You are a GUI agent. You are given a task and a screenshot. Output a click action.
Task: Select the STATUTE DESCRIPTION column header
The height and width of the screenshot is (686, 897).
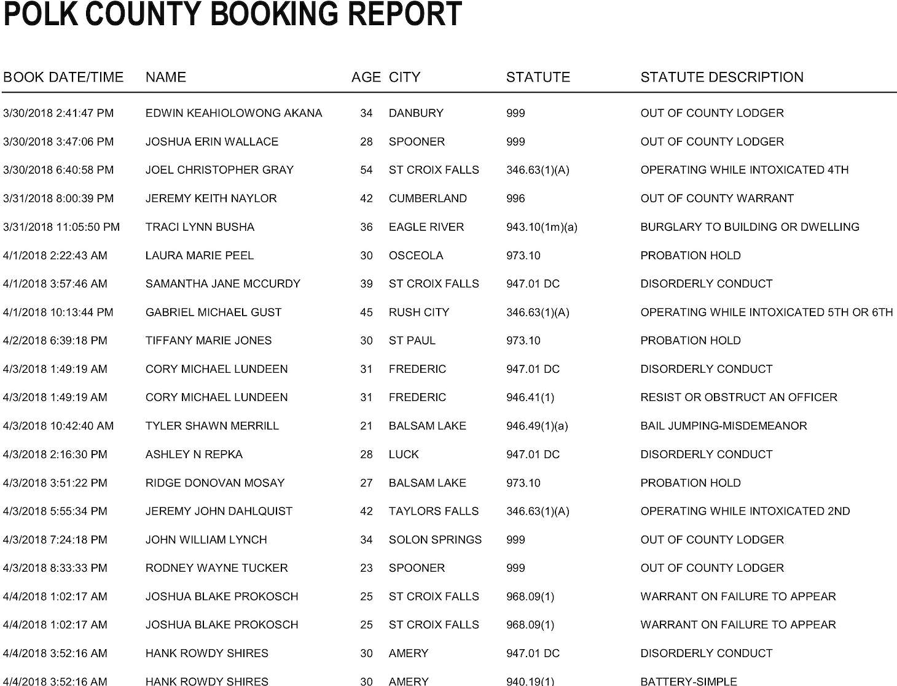tap(722, 77)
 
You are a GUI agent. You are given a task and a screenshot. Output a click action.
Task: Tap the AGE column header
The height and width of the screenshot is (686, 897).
tap(366, 77)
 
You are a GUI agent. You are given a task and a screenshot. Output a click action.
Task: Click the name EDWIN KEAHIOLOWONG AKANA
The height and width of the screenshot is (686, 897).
tap(233, 113)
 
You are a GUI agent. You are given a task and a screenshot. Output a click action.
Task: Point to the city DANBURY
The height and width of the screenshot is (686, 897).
tap(416, 113)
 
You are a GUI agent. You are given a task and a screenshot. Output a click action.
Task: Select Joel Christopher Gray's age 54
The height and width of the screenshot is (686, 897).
tap(366, 170)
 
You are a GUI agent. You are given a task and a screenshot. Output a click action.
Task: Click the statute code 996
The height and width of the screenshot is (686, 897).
tap(515, 198)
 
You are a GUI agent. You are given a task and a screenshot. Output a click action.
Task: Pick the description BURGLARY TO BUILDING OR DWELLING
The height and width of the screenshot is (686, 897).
tap(750, 227)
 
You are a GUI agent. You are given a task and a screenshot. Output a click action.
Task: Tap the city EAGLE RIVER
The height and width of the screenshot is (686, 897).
tap(426, 227)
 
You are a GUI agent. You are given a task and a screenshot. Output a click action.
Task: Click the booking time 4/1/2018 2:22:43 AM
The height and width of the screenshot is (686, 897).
tap(55, 255)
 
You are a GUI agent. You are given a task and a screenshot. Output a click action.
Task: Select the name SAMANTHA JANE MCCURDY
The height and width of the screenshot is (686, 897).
tap(223, 284)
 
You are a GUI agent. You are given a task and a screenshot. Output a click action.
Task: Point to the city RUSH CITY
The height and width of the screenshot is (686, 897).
tap(419, 312)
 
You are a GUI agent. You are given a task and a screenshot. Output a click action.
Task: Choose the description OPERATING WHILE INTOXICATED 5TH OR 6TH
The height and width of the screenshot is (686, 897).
tap(766, 312)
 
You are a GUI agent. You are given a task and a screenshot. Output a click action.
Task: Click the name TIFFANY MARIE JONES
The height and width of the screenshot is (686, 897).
tap(208, 341)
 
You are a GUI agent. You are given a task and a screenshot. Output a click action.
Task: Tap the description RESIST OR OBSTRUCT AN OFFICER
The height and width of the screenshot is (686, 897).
tap(738, 397)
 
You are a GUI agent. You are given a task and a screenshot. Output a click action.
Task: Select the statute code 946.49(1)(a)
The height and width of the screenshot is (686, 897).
tap(537, 426)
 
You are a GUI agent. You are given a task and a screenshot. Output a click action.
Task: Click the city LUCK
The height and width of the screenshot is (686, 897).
tap(404, 454)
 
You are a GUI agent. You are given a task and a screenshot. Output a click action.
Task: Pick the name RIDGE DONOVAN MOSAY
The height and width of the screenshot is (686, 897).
tap(215, 483)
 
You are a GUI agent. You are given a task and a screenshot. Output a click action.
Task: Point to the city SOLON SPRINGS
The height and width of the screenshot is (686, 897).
tap(435, 540)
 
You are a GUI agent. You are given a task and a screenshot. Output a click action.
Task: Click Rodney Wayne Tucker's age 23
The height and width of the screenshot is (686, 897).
tap(366, 568)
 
